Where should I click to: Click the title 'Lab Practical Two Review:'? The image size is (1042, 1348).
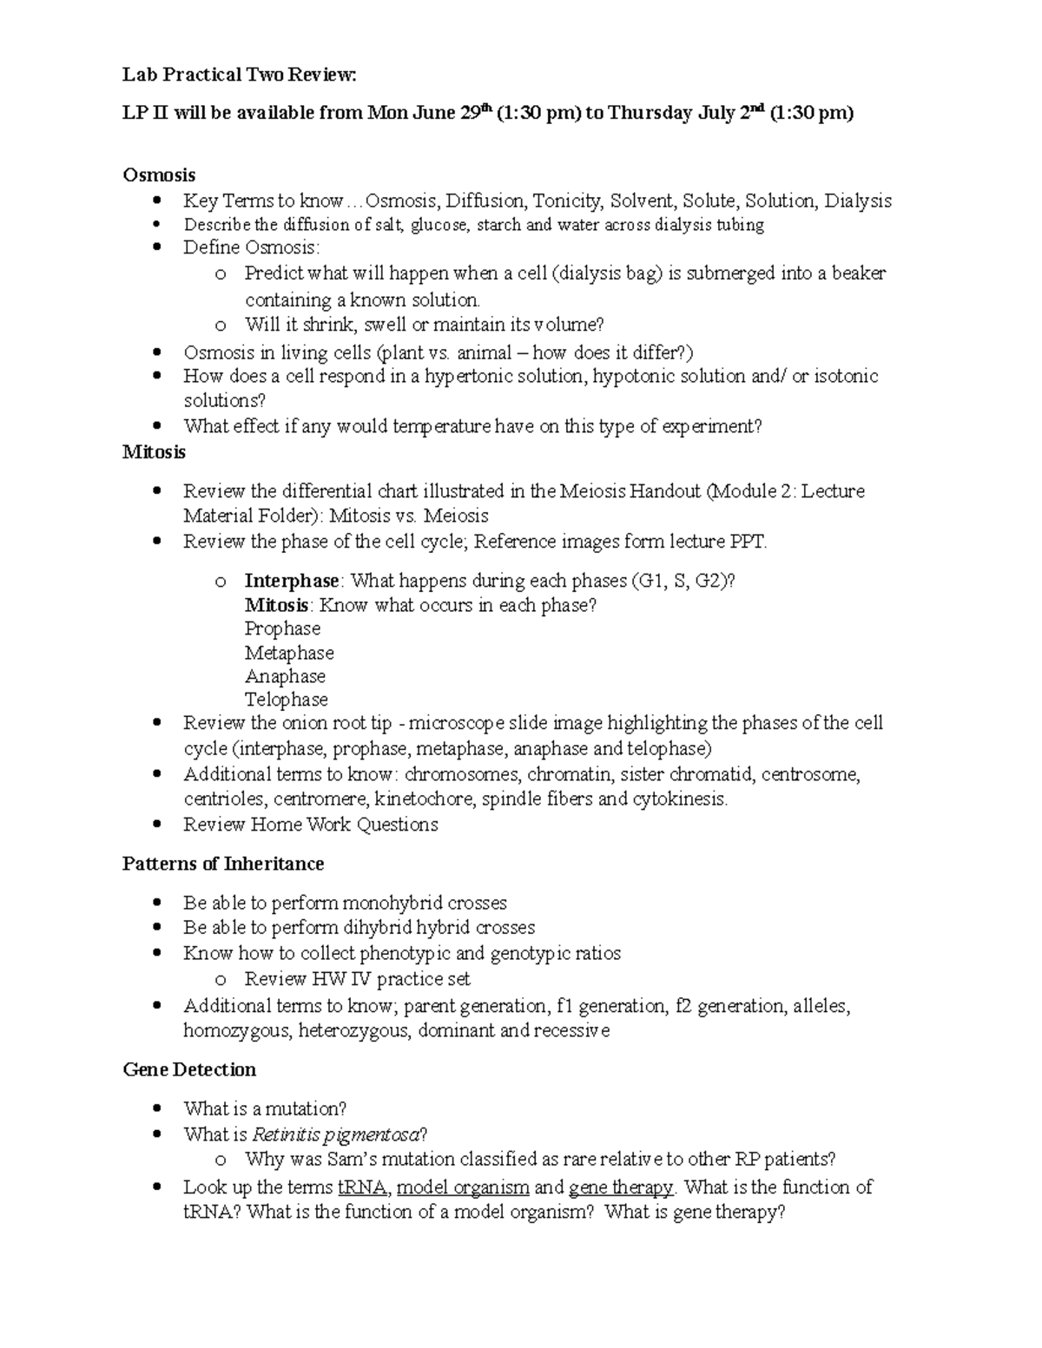coord(239,76)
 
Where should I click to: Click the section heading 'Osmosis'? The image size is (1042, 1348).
coord(159,175)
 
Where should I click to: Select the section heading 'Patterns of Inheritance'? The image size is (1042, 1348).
coord(223,864)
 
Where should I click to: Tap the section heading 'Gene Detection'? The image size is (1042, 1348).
coord(189,1069)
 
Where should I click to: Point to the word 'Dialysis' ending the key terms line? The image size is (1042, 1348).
coord(857,201)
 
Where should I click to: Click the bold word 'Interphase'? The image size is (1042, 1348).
coord(292,581)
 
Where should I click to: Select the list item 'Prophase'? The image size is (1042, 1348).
coord(282,628)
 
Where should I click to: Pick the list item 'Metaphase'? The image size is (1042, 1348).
coord(289,653)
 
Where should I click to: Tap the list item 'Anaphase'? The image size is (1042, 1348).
coord(285,676)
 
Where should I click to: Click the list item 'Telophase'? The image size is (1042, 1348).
coord(286,700)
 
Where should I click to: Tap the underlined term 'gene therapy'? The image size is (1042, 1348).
coord(620,1187)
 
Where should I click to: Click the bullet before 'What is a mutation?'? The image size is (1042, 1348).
coord(157,1108)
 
